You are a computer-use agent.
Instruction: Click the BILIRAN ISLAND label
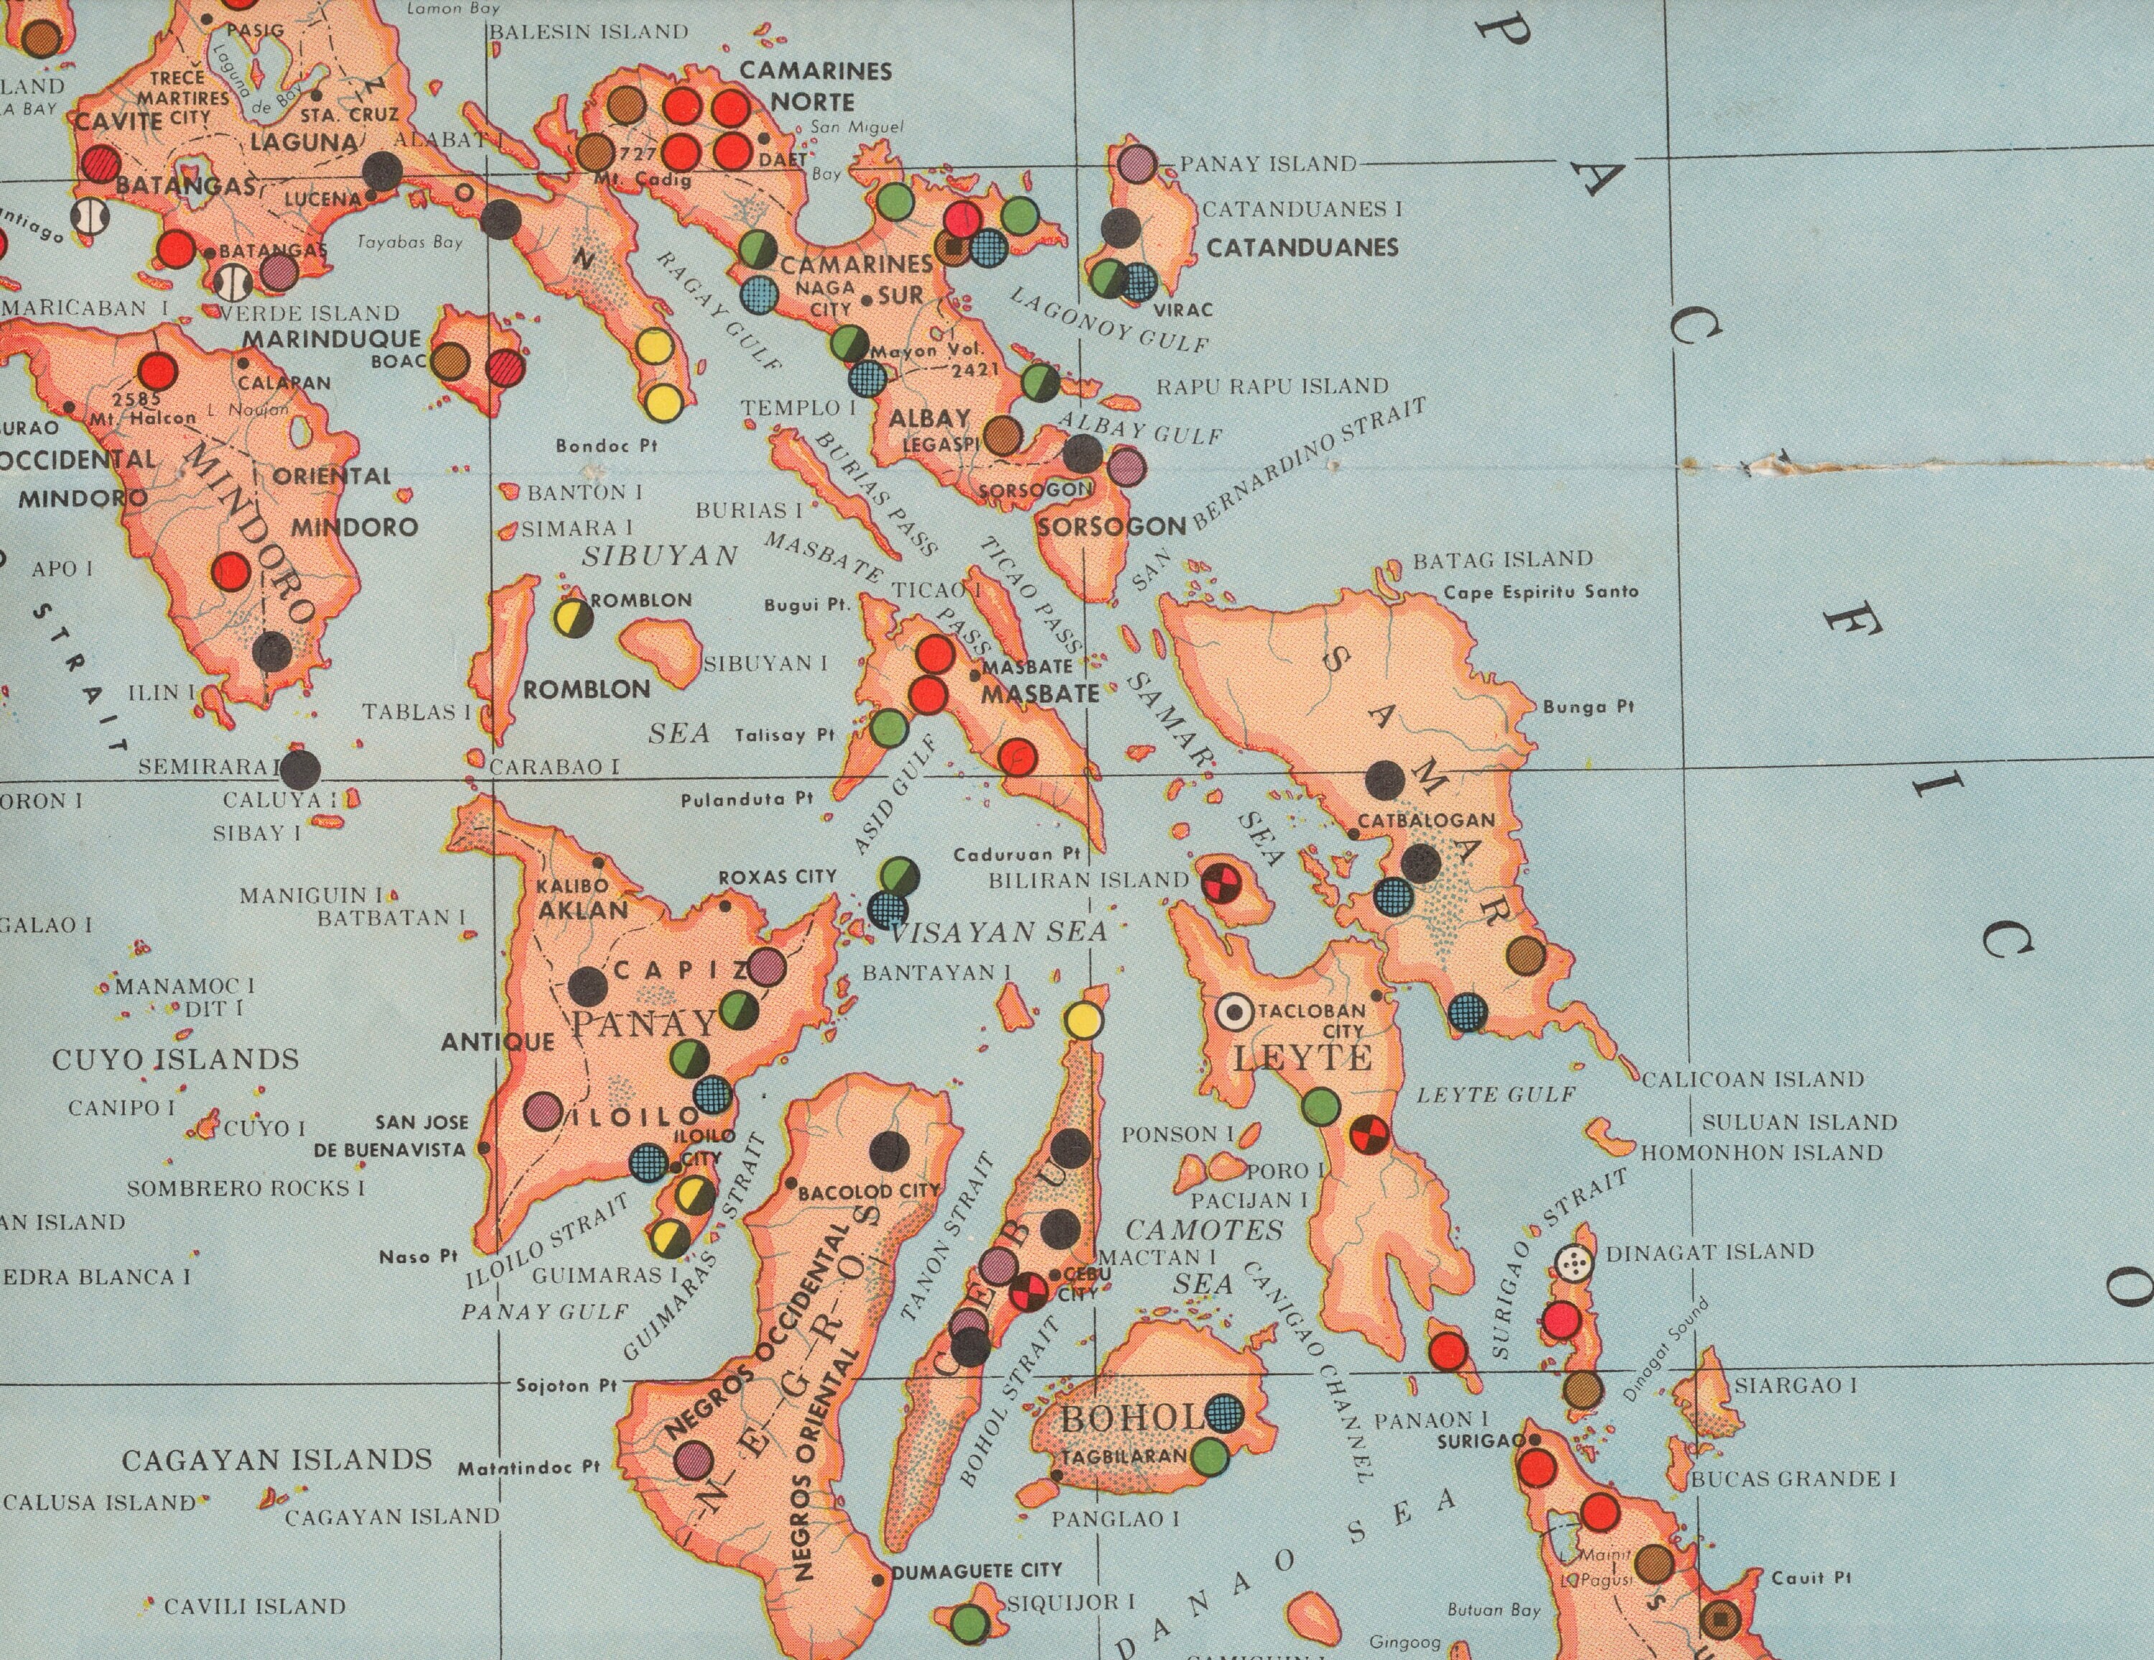(x=1088, y=880)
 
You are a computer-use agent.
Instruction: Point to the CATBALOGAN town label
(x=1426, y=821)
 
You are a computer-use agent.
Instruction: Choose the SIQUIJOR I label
(x=1070, y=1603)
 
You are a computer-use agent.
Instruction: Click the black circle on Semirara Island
(x=301, y=768)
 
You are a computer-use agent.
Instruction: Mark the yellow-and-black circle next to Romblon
(x=574, y=618)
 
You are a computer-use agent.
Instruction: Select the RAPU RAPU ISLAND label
(x=1272, y=386)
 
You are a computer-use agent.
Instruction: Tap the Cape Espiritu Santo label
(x=1541, y=592)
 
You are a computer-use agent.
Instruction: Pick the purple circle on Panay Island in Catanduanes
(x=1137, y=163)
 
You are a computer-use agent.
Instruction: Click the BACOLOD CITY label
(x=869, y=1191)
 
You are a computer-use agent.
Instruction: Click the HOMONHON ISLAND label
(x=1761, y=1152)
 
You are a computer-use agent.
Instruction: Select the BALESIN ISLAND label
(x=589, y=32)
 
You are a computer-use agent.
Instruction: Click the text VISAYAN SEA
(x=998, y=932)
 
